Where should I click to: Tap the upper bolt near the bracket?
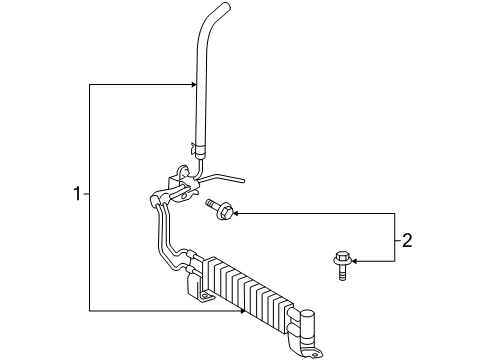tap(219, 210)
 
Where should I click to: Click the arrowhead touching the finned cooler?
tap(243, 310)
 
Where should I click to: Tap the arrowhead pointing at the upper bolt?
tap(238, 212)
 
